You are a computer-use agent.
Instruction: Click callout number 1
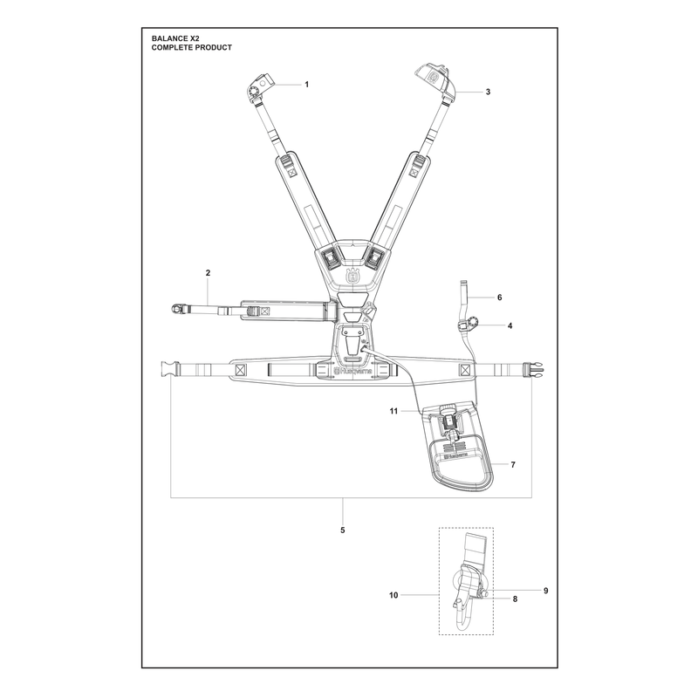[306, 85]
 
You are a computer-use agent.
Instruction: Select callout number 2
[208, 273]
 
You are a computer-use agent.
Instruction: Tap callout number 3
[488, 92]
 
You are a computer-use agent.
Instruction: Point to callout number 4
[510, 325]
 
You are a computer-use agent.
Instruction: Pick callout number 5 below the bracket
[342, 530]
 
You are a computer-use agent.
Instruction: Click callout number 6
[499, 298]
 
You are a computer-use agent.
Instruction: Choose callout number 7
[513, 465]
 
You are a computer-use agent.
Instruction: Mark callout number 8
[515, 599]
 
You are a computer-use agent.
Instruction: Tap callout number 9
[546, 591]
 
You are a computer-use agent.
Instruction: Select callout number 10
[393, 595]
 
